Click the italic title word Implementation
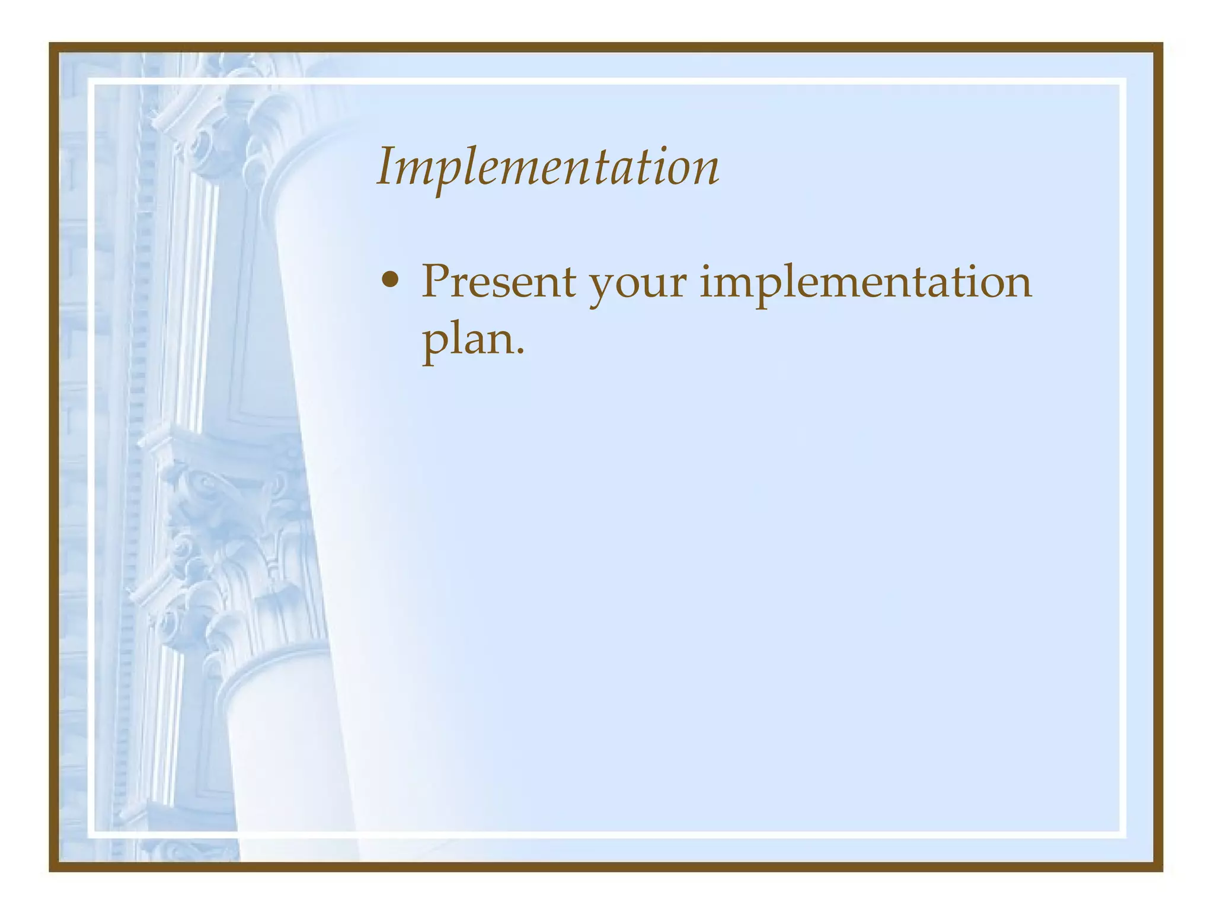pos(548,167)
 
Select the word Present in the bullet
pos(498,282)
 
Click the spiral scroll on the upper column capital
pos(200,146)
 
